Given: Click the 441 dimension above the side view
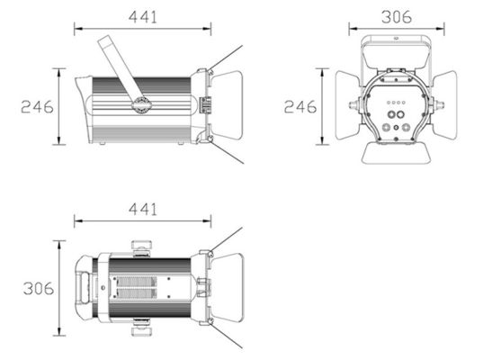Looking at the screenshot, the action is click(143, 17).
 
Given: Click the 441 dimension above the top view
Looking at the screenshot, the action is click(143, 210).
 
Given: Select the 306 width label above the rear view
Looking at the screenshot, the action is click(397, 17).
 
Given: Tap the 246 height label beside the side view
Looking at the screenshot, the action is click(37, 106).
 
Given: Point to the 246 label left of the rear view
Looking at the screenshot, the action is click(300, 106).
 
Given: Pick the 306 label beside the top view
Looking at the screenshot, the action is click(39, 289).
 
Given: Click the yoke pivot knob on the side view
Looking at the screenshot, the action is click(141, 103).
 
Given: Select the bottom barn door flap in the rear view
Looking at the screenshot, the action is click(396, 153).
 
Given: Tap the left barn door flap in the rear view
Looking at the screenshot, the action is click(347, 105).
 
